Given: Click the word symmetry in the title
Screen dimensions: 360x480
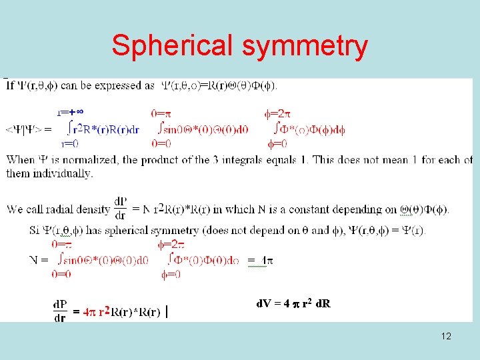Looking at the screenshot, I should coord(305,47).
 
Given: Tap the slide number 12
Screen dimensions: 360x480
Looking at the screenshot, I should coord(446,336).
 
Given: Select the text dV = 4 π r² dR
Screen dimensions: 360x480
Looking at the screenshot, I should coord(293,304).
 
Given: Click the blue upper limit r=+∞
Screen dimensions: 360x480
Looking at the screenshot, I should coord(69,114).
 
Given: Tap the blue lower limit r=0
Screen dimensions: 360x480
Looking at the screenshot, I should coord(69,143).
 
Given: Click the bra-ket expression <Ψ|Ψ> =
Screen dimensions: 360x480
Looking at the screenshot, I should coord(28,129).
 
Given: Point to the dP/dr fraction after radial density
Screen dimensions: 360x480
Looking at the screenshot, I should coord(121,209).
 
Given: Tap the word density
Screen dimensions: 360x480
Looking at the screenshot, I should coord(93,209).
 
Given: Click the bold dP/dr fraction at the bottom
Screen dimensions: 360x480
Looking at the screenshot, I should coord(60,311).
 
